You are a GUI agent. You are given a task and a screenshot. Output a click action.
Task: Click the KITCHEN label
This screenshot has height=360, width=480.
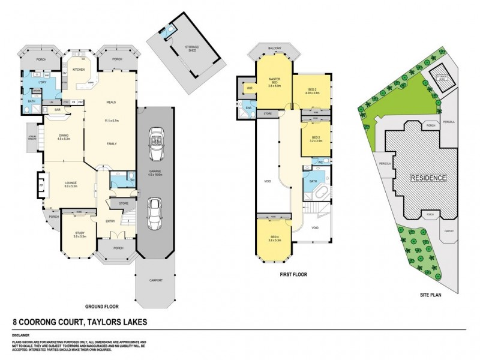pos(79,70)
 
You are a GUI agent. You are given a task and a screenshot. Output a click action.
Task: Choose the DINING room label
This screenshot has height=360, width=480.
pos(64,136)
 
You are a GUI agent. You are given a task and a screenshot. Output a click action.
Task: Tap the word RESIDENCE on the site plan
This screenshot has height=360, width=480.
pos(428,178)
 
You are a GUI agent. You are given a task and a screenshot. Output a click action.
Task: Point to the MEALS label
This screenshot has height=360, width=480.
pos(111,102)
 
